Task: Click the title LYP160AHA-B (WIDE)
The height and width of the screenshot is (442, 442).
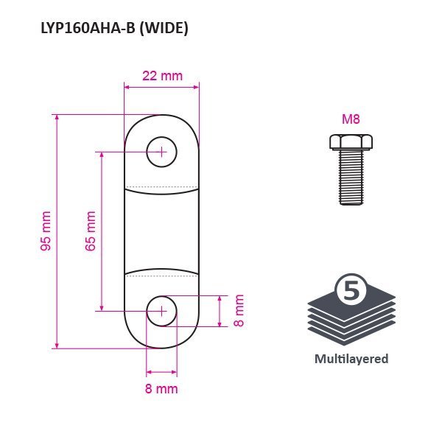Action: pos(114,29)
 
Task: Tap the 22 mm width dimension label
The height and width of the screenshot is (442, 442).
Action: pos(162,76)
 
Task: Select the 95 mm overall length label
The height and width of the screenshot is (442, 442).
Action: pos(46,231)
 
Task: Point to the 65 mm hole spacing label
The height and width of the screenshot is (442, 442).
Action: pos(91,231)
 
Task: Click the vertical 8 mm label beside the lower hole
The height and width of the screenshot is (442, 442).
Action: pos(239,311)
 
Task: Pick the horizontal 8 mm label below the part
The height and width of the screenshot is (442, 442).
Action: pos(161,389)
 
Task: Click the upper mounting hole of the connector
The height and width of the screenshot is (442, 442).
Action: pos(161,152)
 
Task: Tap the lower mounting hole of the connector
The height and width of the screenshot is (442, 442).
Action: pos(161,311)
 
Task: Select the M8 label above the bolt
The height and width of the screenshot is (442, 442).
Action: pos(351,119)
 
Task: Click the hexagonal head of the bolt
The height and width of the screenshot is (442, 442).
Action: pos(351,141)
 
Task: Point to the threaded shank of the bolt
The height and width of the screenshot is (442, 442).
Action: pos(351,177)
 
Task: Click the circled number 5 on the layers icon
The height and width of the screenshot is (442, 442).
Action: pos(351,290)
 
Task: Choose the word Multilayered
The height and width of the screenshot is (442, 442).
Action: pos(351,359)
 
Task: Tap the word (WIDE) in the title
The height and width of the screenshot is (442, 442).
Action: pos(164,29)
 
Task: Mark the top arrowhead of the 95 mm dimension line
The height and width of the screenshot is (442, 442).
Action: pos(57,118)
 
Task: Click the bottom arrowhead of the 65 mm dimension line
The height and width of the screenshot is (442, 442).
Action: pos(102,307)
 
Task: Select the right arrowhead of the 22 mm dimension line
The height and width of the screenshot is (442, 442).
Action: pos(196,87)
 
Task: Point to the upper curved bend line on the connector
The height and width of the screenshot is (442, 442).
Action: pos(161,192)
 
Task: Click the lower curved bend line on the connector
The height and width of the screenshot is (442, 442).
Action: pos(161,271)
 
